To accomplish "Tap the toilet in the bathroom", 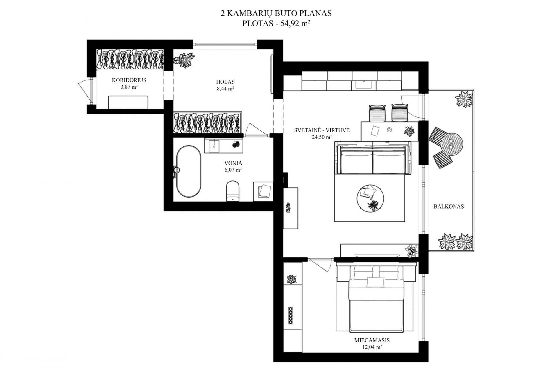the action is (x=232, y=191).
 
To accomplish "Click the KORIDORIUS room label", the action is (x=129, y=80).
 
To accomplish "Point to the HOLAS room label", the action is (x=225, y=82).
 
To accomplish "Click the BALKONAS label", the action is (x=449, y=207).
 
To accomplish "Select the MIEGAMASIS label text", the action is (x=368, y=340).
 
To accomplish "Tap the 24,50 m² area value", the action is (x=322, y=137).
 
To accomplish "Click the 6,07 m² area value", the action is (x=233, y=170).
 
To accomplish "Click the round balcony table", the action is (x=451, y=144).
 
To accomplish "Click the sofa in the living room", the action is (x=372, y=158).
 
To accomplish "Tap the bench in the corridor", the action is (x=128, y=102).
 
